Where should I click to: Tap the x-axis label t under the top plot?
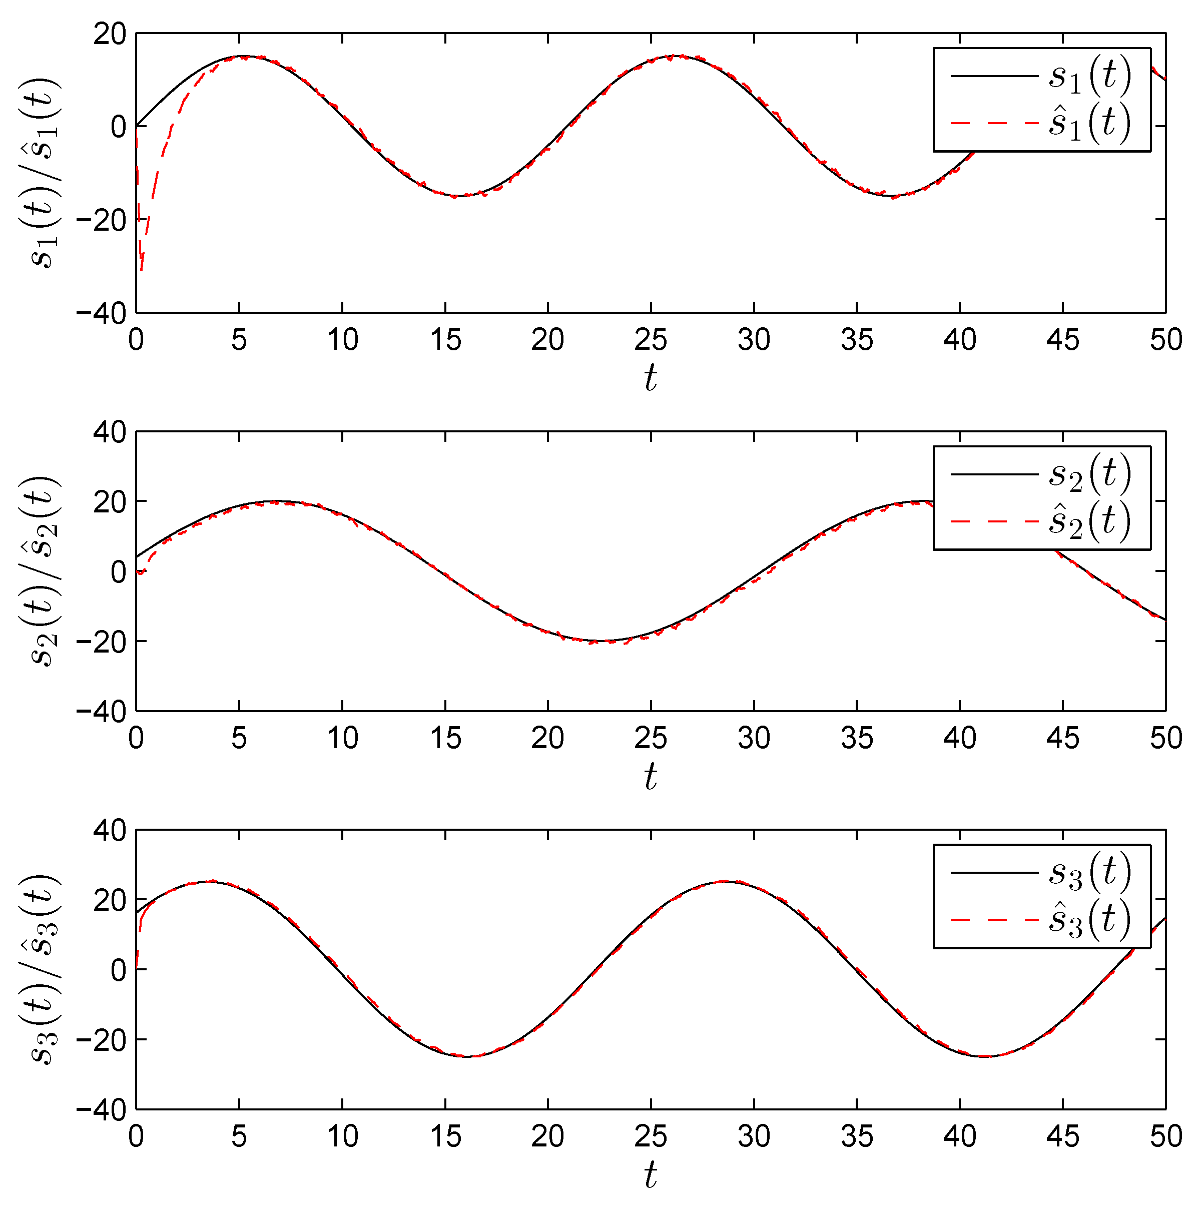650,378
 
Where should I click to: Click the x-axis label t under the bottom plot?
650,1175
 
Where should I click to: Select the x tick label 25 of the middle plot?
650,739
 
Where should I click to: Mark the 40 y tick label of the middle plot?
109,431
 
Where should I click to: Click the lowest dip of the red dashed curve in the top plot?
142,269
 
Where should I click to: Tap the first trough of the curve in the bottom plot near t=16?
466,1056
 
